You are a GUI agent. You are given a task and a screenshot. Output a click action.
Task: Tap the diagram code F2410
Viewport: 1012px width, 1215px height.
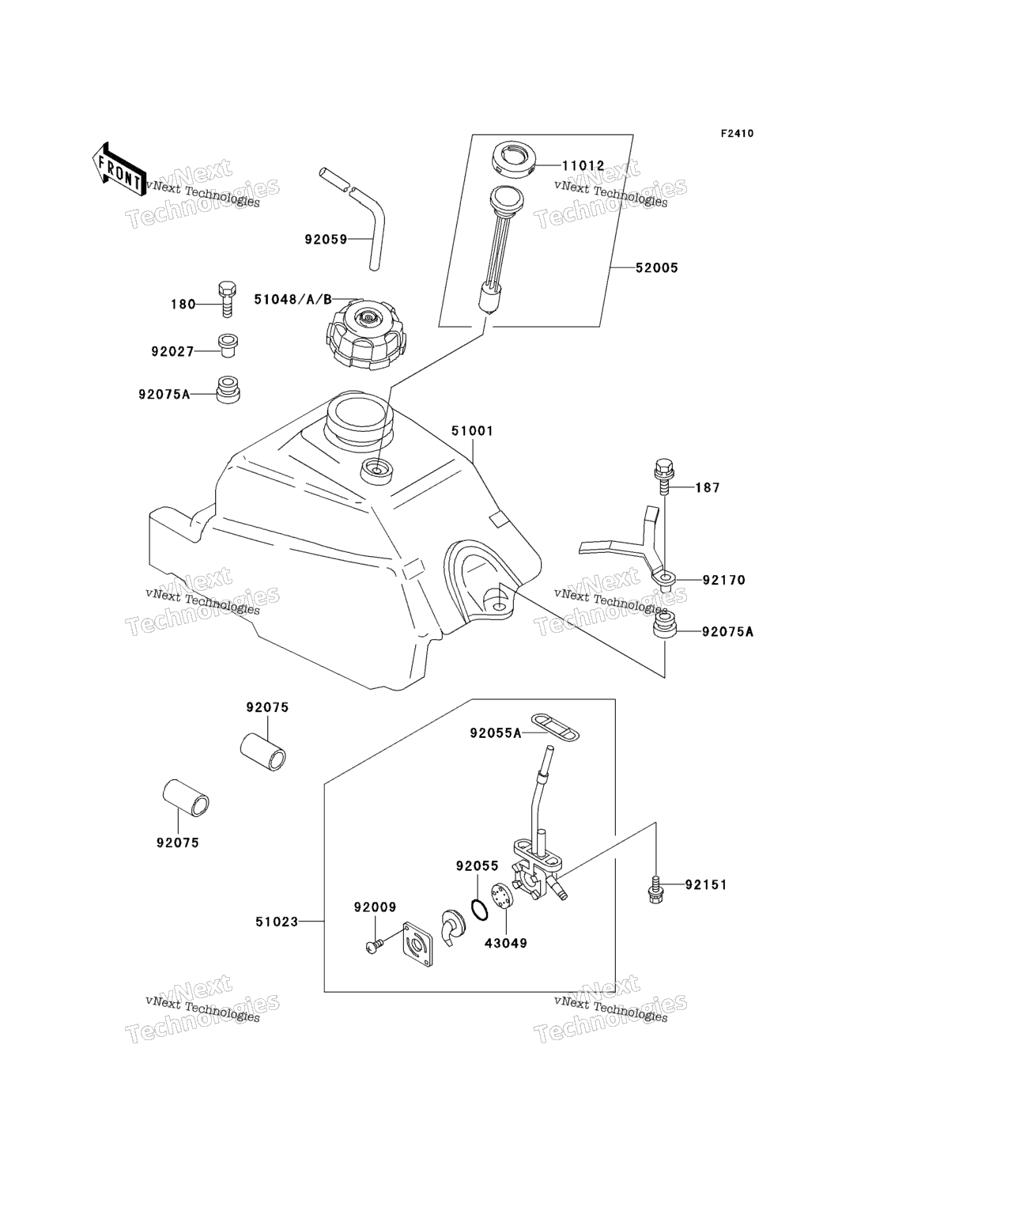coord(736,134)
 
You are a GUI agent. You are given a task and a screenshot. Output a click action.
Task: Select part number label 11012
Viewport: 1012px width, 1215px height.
coord(583,166)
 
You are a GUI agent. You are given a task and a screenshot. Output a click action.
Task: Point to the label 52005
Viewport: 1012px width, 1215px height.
coord(656,268)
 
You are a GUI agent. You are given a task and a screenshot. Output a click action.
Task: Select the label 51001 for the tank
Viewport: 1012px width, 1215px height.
coord(472,431)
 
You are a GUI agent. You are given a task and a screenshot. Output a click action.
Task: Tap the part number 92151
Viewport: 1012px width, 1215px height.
coord(705,884)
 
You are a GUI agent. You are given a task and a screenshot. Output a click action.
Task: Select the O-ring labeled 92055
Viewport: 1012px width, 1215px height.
coord(479,910)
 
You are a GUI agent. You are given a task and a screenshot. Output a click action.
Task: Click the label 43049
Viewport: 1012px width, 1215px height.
coord(507,943)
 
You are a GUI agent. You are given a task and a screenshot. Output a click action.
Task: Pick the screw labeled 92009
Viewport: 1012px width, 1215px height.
coord(374,944)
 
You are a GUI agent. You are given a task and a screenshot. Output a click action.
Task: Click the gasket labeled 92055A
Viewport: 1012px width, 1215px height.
coord(554,727)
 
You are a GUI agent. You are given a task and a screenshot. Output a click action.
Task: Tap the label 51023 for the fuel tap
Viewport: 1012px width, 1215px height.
coord(277,922)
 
